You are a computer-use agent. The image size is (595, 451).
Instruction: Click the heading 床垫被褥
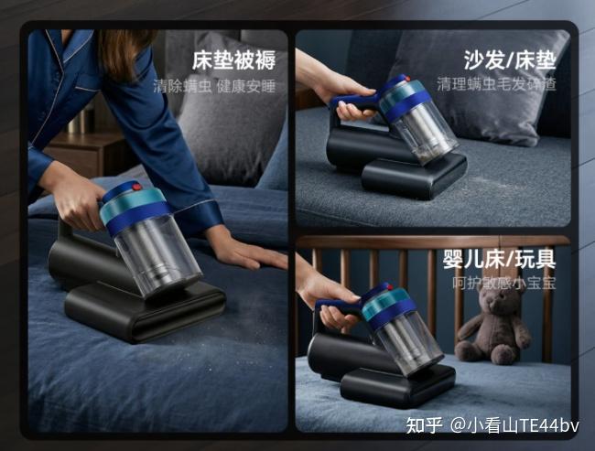coord(233,60)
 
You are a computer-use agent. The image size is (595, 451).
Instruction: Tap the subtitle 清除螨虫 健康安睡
coord(214,87)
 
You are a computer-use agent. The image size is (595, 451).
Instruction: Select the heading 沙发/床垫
coord(510,60)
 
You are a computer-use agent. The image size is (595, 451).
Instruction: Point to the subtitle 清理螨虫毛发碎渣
coord(496,84)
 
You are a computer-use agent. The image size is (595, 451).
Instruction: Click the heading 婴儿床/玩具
coord(500,260)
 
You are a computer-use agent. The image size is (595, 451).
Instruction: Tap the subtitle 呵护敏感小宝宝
coord(504,283)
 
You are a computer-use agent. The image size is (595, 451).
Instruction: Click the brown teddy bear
coord(492,325)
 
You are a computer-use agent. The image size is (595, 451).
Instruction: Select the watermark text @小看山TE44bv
coord(514,425)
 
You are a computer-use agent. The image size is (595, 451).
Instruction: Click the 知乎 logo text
coord(424,425)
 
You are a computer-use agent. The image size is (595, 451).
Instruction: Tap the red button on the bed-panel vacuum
coord(136,187)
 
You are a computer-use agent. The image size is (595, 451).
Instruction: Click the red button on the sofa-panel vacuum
coord(407,79)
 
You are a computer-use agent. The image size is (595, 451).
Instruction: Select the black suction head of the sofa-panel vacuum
coord(414,177)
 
